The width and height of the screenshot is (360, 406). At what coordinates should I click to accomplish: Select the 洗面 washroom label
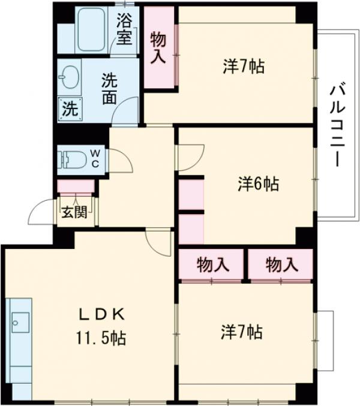(x=109, y=89)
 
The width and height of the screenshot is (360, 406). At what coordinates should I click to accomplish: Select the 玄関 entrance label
(x=76, y=212)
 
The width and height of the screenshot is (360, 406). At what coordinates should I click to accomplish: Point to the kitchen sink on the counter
(x=19, y=324)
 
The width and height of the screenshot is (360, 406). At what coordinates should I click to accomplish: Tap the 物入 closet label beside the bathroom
(x=158, y=48)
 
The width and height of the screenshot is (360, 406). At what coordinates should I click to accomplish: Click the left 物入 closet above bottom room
(x=212, y=264)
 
